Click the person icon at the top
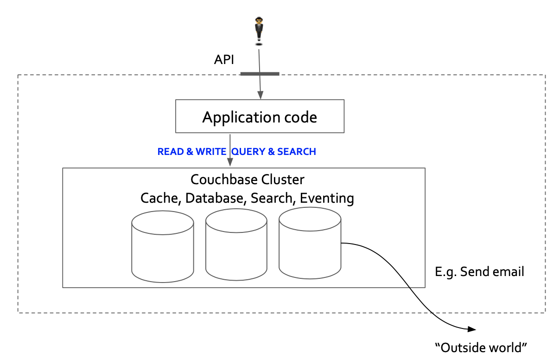[259, 30]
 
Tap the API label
[224, 60]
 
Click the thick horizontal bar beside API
[260, 74]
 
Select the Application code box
[260, 116]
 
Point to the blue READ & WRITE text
[192, 152]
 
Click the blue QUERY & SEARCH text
[274, 152]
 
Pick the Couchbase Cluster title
[248, 179]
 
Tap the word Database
[215, 198]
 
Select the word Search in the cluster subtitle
[272, 198]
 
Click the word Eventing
[327, 198]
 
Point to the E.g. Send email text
[479, 271]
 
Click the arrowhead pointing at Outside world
[472, 329]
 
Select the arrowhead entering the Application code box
[260, 96]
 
